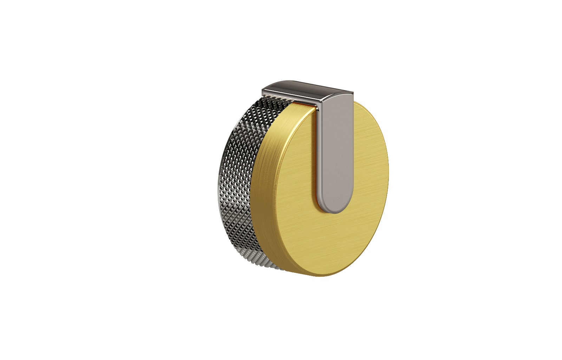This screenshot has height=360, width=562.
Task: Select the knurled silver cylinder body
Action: coord(242,183)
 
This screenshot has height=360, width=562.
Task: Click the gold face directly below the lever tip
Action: coord(335,239)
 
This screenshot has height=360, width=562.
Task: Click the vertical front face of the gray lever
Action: coord(335,151)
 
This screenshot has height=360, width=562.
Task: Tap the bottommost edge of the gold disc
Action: coord(320,276)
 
